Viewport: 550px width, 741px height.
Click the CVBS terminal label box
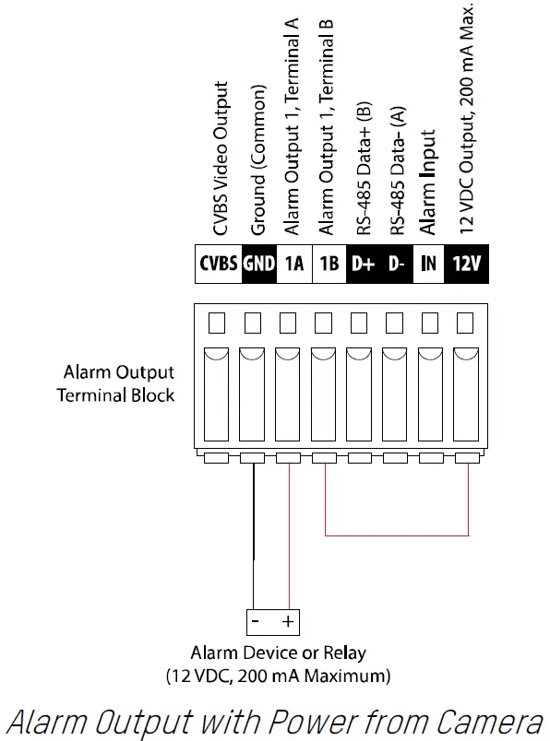point(219,263)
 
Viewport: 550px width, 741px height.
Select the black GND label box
point(259,263)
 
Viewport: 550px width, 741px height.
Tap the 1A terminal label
point(295,263)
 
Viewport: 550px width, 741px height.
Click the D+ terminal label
point(363,263)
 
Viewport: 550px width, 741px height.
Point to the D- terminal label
point(396,263)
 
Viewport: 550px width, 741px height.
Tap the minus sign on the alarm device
point(256,622)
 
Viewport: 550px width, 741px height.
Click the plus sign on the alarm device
point(287,622)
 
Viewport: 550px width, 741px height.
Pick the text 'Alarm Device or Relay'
point(278,653)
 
